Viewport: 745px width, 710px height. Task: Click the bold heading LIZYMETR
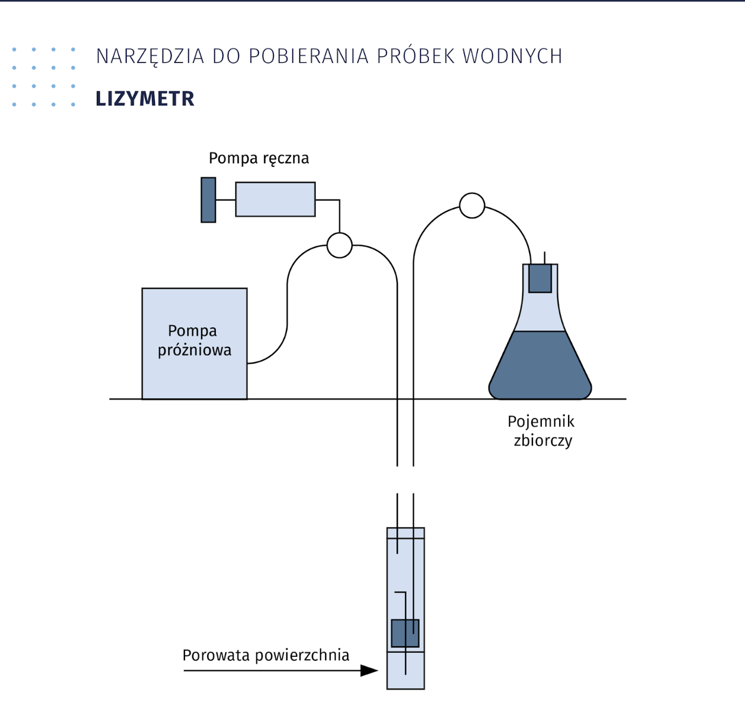point(145,99)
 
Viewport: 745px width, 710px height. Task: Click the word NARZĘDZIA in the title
point(150,56)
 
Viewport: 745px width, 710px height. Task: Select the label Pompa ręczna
point(259,158)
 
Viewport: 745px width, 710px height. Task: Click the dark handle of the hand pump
point(208,200)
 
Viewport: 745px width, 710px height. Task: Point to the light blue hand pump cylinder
point(275,199)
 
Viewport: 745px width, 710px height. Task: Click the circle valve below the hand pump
point(339,245)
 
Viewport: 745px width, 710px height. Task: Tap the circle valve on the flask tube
point(472,206)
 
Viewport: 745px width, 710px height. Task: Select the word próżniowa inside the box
point(194,350)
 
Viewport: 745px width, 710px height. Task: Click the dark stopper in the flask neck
point(540,278)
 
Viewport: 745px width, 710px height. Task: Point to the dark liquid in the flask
point(540,368)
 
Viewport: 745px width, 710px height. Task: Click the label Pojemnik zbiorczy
point(541,431)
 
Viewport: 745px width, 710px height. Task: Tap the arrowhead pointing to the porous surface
point(369,671)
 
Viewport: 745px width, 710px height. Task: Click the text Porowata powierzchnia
point(266,655)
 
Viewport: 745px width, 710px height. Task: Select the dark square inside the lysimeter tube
point(405,633)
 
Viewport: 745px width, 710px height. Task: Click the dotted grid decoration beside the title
point(43,77)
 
